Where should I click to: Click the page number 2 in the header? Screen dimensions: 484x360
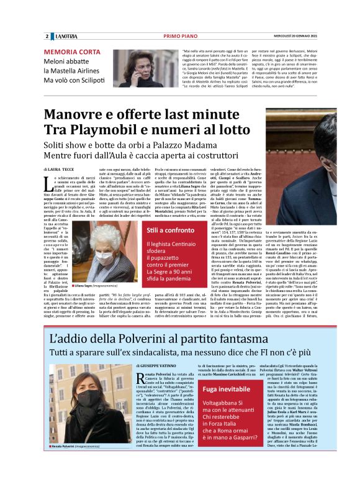pos(47,37)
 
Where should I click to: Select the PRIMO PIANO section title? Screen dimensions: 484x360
pos(180,37)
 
